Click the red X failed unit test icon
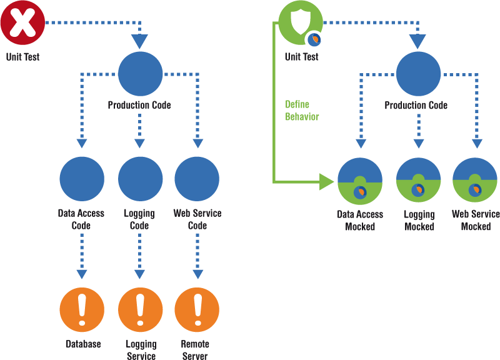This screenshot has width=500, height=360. pos(22,23)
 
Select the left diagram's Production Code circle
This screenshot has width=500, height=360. pos(140,74)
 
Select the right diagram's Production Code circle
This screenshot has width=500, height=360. pos(418,74)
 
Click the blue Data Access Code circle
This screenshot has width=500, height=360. pos(82,179)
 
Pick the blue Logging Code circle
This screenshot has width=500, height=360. pos(140,179)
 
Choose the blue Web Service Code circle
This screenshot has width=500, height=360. pos(197,179)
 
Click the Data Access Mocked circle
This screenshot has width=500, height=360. pos(360,181)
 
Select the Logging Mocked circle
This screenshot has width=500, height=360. pos(419,181)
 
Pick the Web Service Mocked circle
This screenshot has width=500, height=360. pos(475,181)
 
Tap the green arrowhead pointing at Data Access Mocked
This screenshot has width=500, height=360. pos(327,182)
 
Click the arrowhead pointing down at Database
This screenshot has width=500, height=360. pos(82,274)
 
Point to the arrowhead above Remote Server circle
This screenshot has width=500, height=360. pos(197,274)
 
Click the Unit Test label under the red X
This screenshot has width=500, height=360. pos(22,57)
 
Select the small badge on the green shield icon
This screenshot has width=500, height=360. pos(314,39)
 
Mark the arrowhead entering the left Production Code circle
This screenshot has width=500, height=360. pos(140,42)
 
